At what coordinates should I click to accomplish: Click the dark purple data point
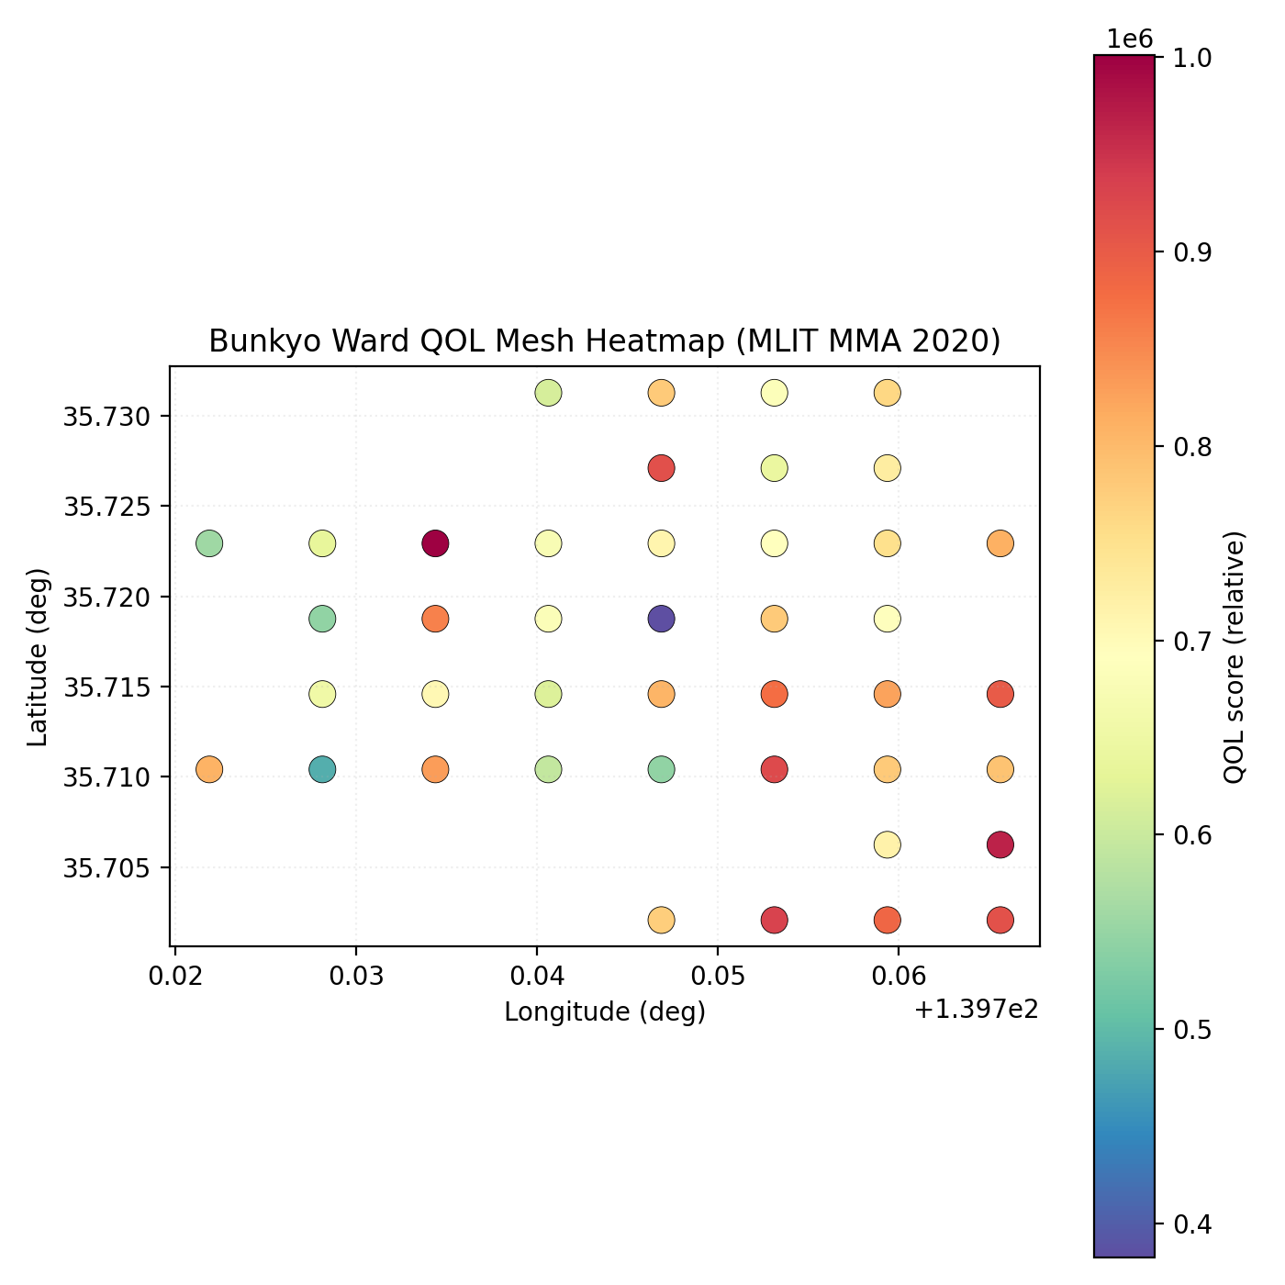point(661,619)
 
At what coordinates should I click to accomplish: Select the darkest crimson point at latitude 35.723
point(435,543)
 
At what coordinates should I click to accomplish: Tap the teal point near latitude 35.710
point(322,769)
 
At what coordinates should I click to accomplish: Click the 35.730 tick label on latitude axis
point(105,417)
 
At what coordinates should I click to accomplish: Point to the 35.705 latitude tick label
point(105,867)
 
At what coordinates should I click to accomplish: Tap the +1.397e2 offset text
point(977,1011)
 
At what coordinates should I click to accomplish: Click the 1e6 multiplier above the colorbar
point(1129,39)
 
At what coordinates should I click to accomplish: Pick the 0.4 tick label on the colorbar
point(1190,1224)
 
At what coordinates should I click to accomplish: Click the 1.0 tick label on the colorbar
point(1190,58)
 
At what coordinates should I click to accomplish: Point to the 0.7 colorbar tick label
point(1190,641)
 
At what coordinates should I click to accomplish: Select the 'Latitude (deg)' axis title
point(37,656)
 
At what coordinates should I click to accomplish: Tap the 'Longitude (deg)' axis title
point(605,1011)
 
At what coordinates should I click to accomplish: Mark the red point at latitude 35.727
point(661,468)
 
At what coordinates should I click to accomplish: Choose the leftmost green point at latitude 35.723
point(209,543)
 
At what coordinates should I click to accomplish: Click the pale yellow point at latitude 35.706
point(887,844)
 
